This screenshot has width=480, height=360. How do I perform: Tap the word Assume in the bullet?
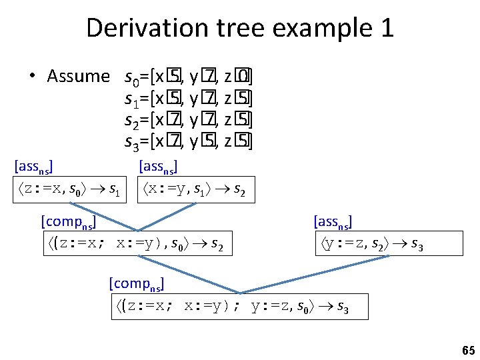78,77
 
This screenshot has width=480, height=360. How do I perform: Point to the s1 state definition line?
189,99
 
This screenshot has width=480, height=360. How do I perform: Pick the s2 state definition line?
189,121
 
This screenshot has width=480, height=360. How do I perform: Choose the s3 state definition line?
189,141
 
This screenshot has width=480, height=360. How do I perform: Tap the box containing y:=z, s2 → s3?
369,244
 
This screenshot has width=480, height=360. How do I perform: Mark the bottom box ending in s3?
239,307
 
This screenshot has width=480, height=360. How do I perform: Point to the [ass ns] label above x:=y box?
158,165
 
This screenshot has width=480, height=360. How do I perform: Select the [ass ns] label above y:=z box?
333,221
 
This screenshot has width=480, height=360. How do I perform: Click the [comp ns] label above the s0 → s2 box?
68,221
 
